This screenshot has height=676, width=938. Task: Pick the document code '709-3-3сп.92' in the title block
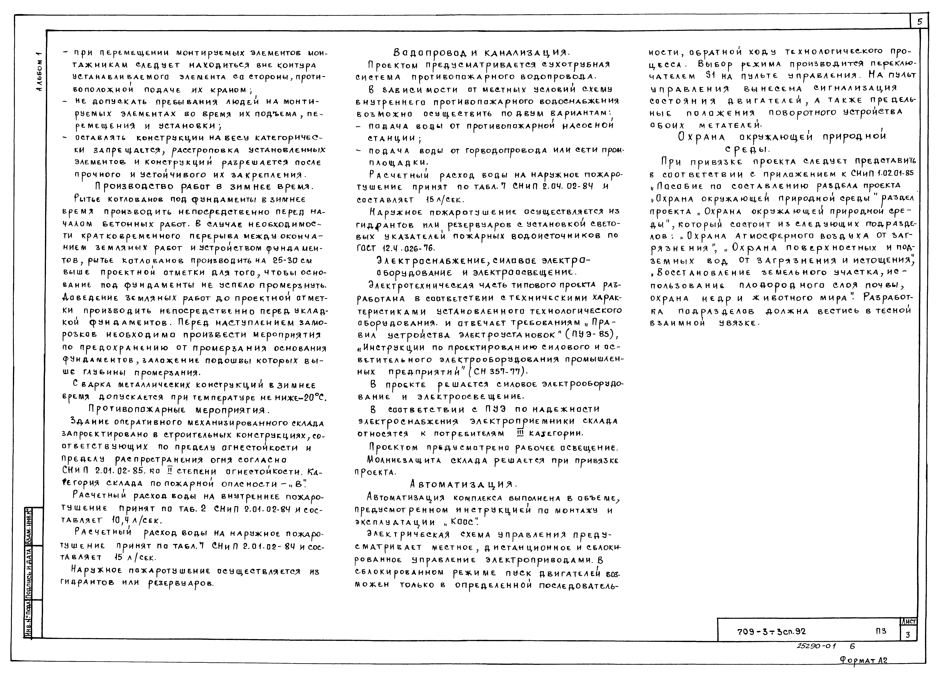(x=771, y=631)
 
